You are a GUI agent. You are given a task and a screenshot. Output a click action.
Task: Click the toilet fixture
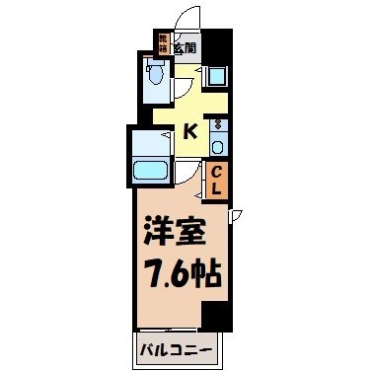(153, 73)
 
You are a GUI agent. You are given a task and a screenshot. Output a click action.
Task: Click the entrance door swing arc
(183, 18)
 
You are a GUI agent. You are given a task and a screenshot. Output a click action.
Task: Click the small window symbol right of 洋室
(235, 216)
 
